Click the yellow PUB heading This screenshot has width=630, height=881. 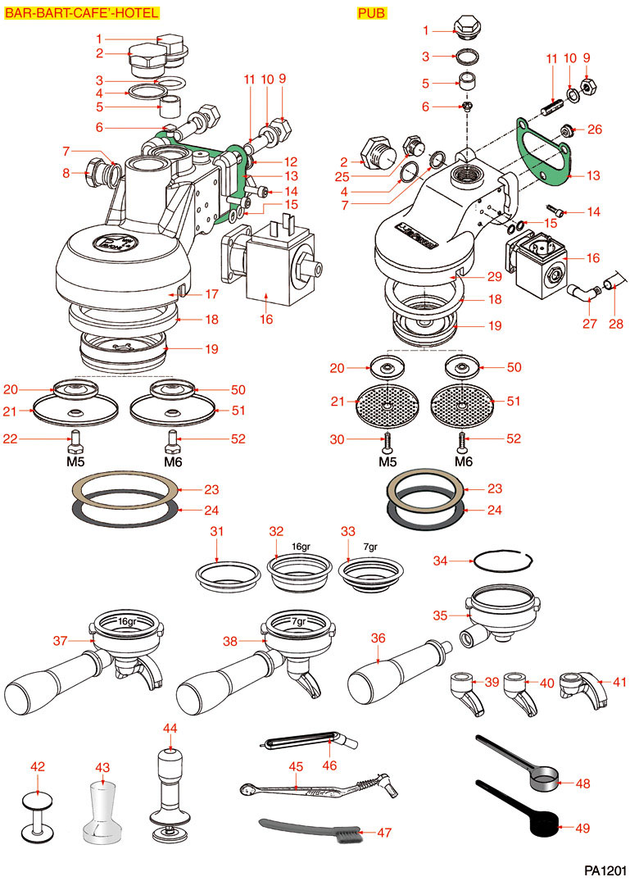[371, 13]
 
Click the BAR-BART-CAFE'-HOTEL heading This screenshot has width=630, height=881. [82, 13]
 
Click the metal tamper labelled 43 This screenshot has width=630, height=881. [103, 811]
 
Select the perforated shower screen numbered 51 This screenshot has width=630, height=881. [462, 402]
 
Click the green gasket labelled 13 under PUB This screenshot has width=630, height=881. [545, 155]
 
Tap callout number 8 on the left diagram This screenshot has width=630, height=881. [66, 172]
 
